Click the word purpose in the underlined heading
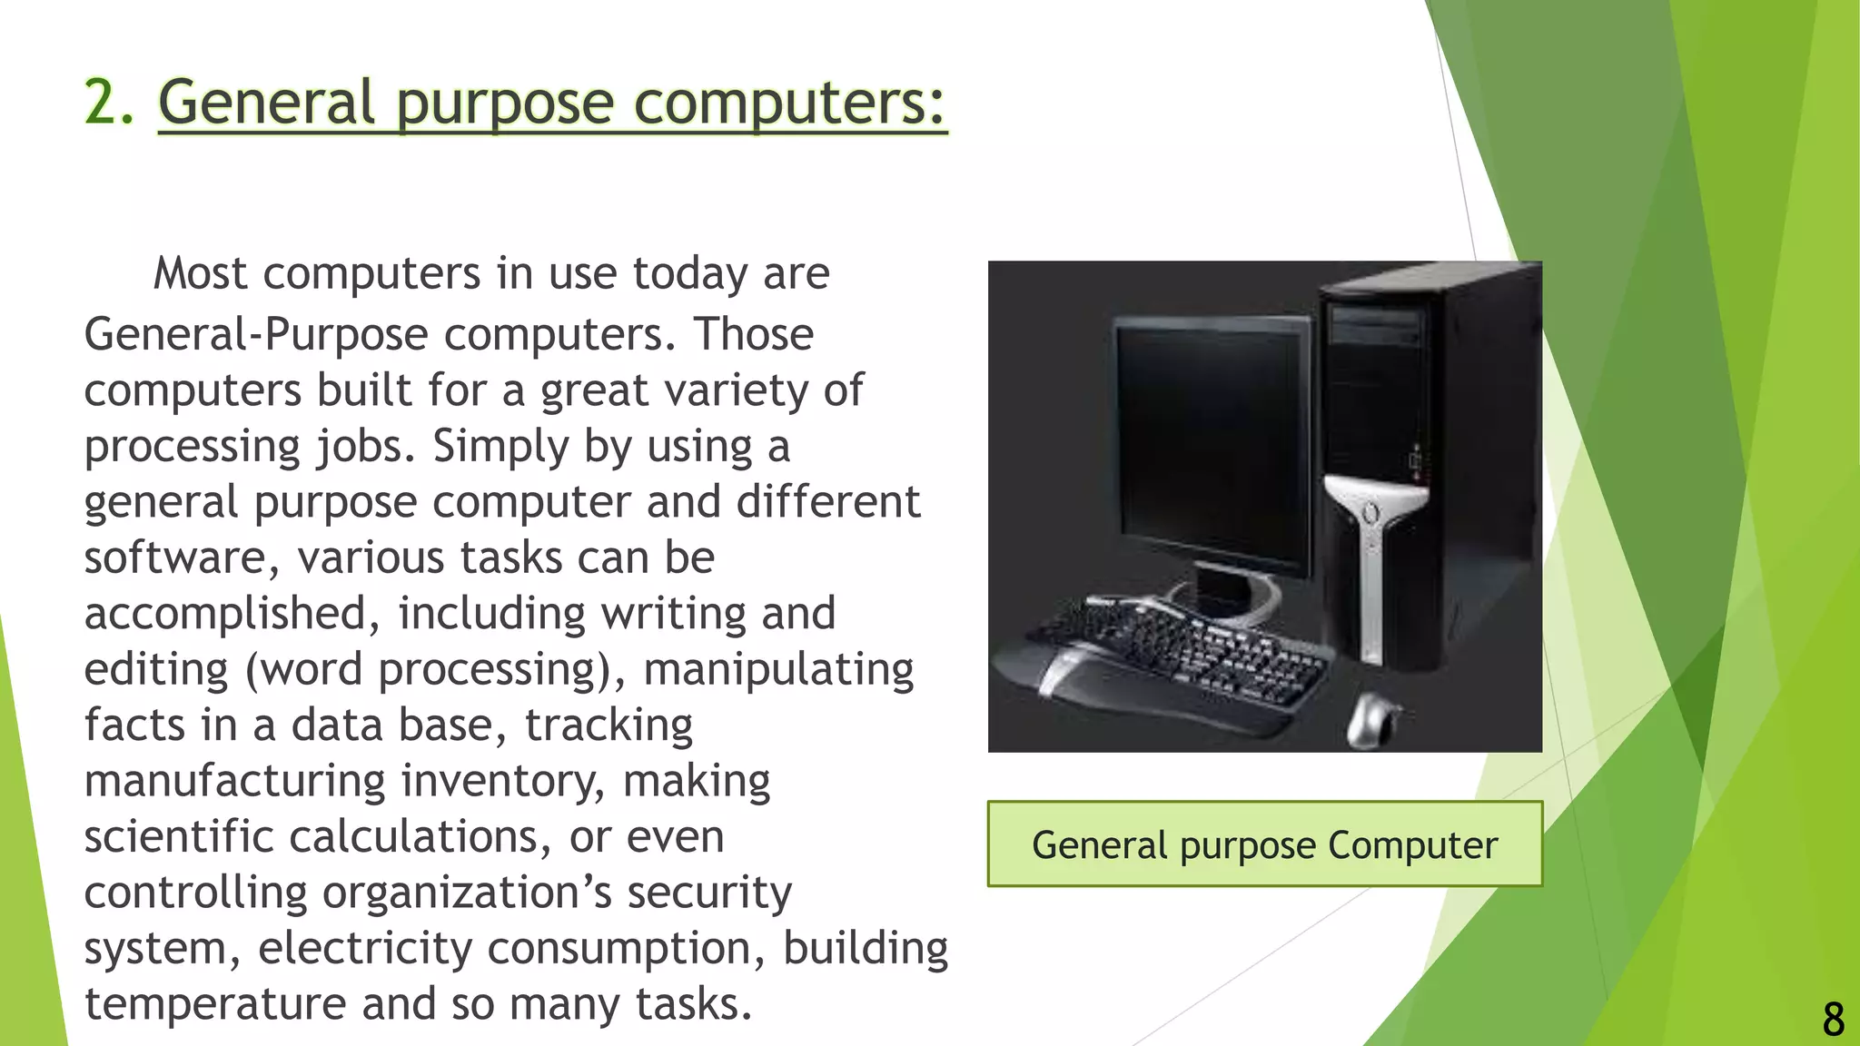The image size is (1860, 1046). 505,104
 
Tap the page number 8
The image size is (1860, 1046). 1833,1019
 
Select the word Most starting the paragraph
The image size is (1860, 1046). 200,273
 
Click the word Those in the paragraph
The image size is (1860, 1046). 754,334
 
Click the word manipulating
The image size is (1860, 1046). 778,670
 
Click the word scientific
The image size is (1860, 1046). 179,837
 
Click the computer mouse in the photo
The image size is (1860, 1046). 1373,719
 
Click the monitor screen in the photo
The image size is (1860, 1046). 1208,445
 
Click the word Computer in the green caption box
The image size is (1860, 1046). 1412,845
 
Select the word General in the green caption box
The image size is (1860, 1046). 1099,845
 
